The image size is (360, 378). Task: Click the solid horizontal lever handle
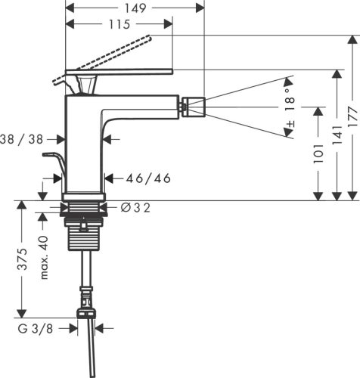(121, 73)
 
